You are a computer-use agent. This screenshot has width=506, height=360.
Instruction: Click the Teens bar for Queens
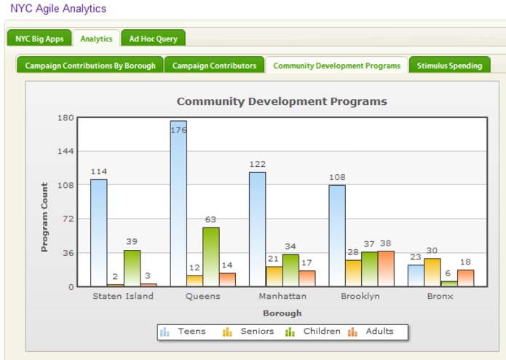pos(178,203)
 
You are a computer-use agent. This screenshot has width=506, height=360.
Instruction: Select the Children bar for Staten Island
pos(132,267)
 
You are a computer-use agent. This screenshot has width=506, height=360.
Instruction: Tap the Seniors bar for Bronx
pos(432,272)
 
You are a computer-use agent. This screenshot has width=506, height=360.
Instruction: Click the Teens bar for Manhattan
pos(258,229)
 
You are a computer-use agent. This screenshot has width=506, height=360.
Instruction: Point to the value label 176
pos(178,130)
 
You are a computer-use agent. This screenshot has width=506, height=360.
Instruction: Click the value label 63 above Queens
pos(211,219)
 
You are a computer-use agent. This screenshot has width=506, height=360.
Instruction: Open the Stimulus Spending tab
pos(449,66)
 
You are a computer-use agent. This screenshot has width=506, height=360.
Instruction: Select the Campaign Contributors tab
pos(214,66)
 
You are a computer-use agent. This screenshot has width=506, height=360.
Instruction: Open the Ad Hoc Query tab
pos(153,39)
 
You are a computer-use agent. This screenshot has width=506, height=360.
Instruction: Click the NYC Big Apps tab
pos(39,39)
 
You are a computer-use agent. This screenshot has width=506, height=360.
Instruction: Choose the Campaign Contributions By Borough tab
pos(90,66)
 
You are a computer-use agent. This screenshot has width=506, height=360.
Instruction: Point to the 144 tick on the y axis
pos(66,152)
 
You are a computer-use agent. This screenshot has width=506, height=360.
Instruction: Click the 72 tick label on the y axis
pos(68,219)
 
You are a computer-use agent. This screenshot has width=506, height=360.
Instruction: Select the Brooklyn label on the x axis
pos(360,297)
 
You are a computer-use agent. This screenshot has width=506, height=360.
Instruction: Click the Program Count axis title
pos(44,217)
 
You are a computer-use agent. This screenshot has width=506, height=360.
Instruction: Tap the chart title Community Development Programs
pos(282,101)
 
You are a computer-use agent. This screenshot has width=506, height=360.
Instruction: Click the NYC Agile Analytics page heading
pos(58,9)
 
